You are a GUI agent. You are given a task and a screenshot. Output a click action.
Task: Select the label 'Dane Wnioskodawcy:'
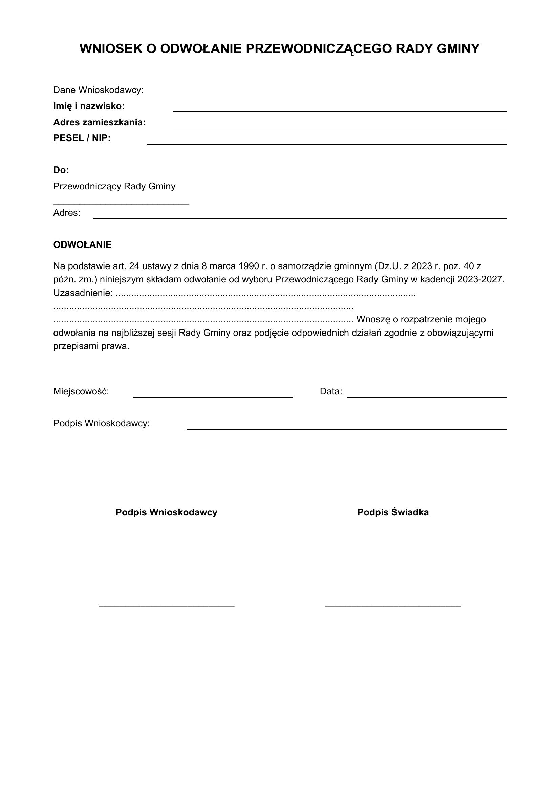pyautogui.click(x=98, y=90)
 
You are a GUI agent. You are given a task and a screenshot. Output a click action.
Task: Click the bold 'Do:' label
pyautogui.click(x=61, y=170)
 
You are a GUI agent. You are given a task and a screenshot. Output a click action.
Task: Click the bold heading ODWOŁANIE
pyautogui.click(x=82, y=244)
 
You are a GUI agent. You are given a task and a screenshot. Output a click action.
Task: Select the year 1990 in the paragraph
pyautogui.click(x=249, y=266)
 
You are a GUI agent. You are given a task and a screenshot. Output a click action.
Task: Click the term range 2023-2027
pyautogui.click(x=480, y=279)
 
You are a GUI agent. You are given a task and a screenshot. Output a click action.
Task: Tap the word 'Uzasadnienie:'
pyautogui.click(x=83, y=293)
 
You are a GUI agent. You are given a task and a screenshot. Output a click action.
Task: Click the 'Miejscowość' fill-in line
pyautogui.click(x=213, y=397)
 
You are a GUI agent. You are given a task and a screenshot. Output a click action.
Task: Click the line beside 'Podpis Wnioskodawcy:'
pyautogui.click(x=346, y=428)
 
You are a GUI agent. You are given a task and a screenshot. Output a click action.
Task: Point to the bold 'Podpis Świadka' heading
pyautogui.click(x=393, y=512)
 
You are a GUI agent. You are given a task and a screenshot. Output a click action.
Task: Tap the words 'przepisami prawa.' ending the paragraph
pyautogui.click(x=91, y=346)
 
